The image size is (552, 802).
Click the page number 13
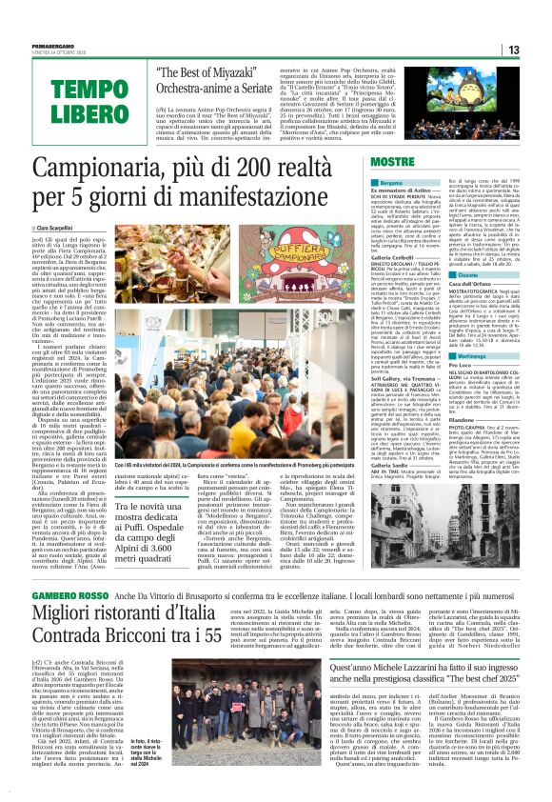538,50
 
